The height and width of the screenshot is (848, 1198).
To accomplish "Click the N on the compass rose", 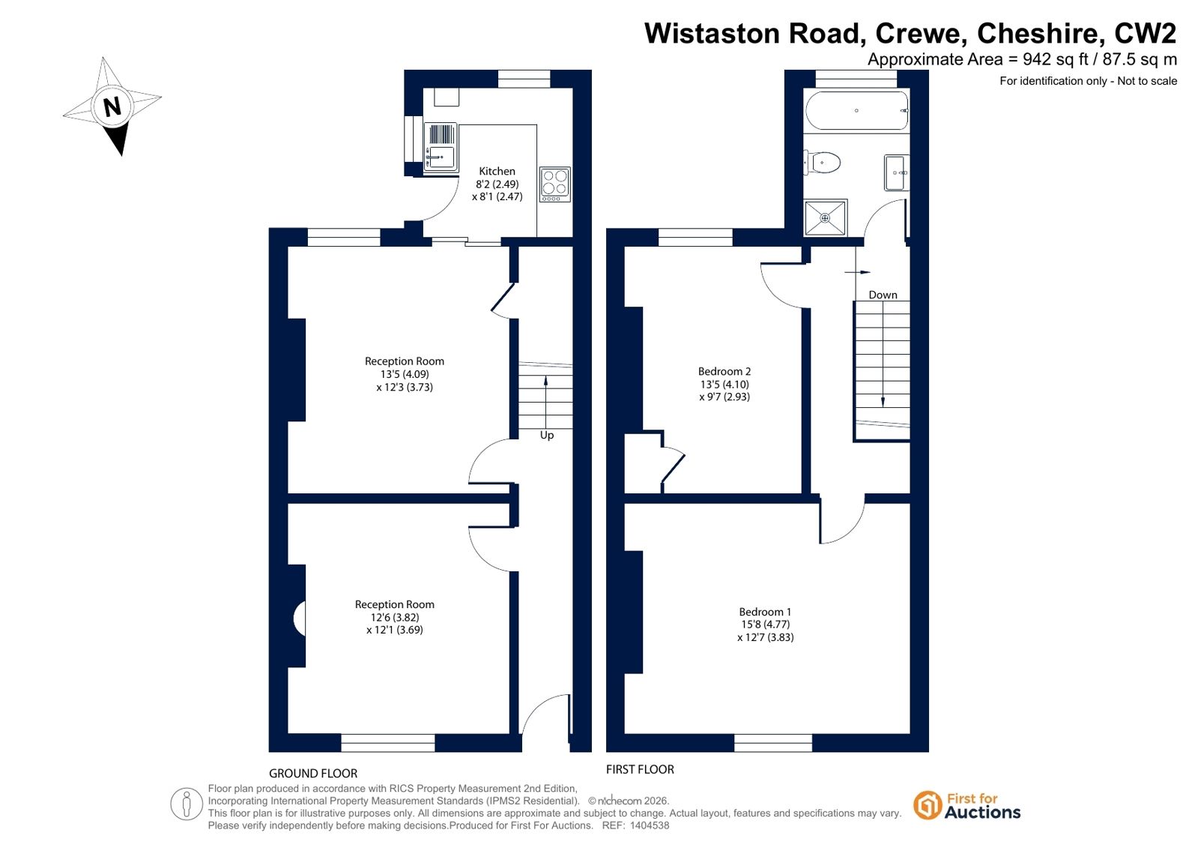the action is (x=112, y=107).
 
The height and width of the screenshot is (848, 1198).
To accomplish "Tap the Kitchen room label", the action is (x=497, y=171).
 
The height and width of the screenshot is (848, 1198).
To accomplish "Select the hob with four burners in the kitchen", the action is (x=555, y=184).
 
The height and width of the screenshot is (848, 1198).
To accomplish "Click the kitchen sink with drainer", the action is (x=441, y=147).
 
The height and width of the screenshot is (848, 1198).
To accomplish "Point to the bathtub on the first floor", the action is (x=856, y=111).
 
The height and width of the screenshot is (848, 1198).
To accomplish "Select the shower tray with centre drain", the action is (x=825, y=218).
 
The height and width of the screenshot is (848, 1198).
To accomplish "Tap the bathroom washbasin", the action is (x=896, y=172).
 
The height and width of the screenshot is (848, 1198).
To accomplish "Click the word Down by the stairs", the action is (x=883, y=295).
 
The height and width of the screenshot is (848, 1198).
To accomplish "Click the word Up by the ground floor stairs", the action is (x=547, y=435).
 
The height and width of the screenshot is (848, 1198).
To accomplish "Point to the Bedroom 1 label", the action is (x=765, y=611).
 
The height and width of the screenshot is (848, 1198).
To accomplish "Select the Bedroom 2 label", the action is (x=724, y=371).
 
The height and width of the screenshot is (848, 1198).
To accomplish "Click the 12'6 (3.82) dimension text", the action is (x=395, y=617).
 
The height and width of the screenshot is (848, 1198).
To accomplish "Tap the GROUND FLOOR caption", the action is (x=313, y=773).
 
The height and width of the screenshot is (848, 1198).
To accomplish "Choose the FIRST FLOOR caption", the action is (x=640, y=769).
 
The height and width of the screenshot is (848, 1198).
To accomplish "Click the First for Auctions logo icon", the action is (x=927, y=805).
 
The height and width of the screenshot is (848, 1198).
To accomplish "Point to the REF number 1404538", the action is (x=650, y=826).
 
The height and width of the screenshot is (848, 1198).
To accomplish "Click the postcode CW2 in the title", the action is (x=1145, y=33).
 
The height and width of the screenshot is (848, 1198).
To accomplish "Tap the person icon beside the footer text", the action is (x=186, y=804).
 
